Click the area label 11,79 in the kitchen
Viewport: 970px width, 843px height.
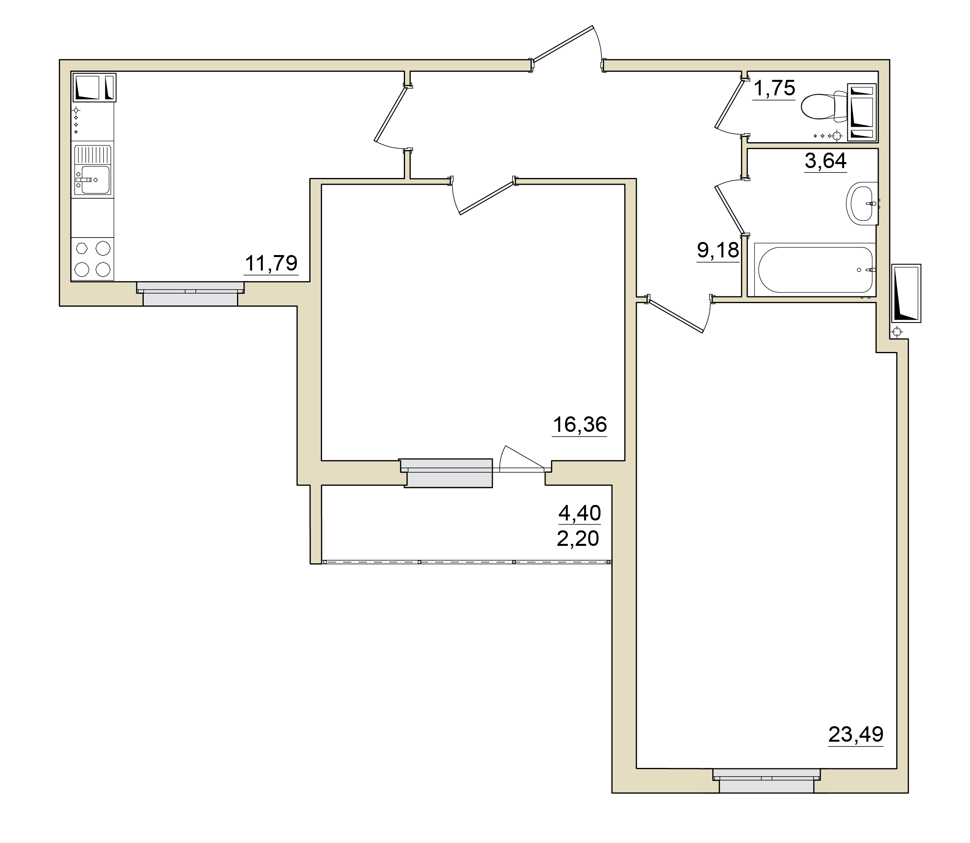click(x=271, y=263)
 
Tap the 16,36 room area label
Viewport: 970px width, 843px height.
click(x=580, y=424)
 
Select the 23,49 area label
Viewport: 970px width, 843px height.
click(x=856, y=734)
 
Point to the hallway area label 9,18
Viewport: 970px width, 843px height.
click(x=718, y=250)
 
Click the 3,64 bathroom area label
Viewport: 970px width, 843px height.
click(x=825, y=161)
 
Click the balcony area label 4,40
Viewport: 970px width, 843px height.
click(x=580, y=513)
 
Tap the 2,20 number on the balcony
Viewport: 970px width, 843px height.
click(x=578, y=538)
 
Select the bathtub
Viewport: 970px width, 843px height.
click(x=815, y=270)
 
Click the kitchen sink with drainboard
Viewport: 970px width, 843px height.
click(x=93, y=170)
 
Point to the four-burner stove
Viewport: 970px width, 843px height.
click(x=93, y=259)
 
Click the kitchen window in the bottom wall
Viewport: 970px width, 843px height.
click(x=191, y=293)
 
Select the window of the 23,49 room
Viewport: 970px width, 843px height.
click(x=766, y=781)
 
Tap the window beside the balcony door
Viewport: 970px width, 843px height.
click(x=446, y=472)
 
